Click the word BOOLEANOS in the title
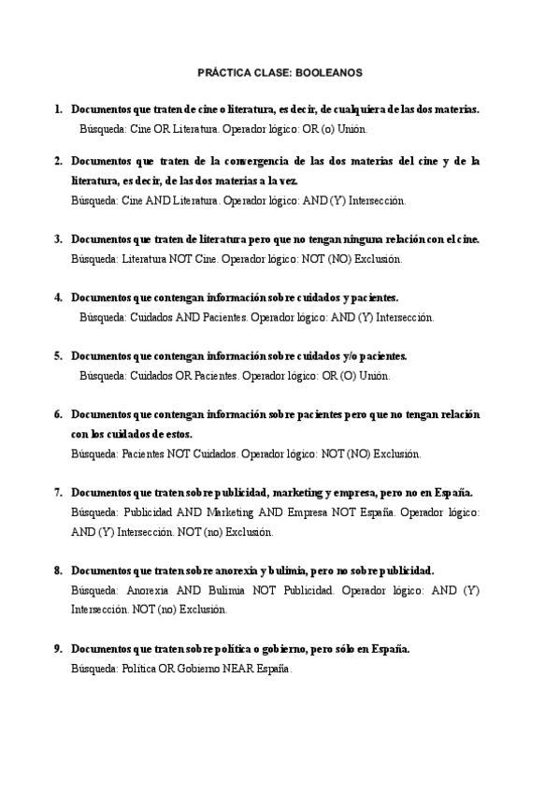pyautogui.click(x=332, y=72)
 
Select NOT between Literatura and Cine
pyautogui.click(x=181, y=259)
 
